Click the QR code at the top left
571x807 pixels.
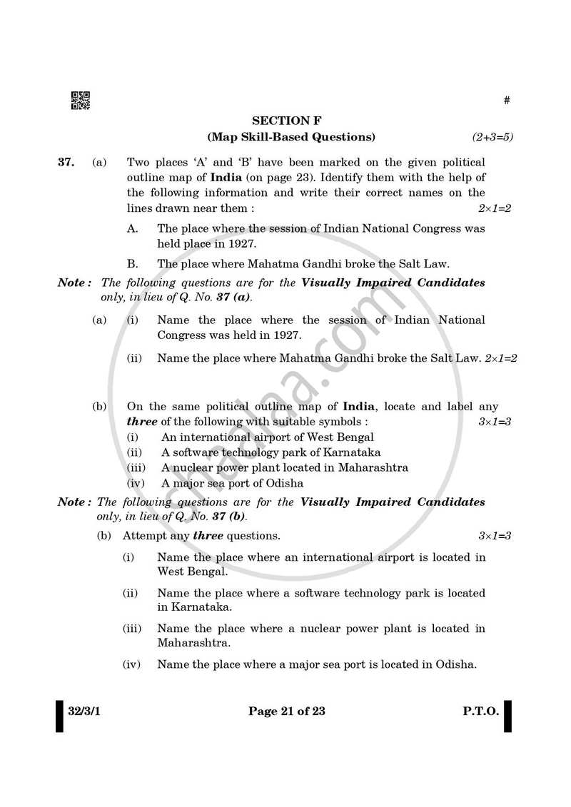(80, 101)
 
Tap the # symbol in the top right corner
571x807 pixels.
(507, 101)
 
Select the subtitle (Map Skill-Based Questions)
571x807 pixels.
(290, 136)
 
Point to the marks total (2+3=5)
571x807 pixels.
(492, 136)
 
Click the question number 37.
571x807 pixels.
(66, 163)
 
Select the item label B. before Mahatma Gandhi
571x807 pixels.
(132, 263)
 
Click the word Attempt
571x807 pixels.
(143, 535)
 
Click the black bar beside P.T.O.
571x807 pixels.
(507, 716)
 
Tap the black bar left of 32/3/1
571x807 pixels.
(60, 716)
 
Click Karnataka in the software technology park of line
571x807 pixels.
(350, 452)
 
